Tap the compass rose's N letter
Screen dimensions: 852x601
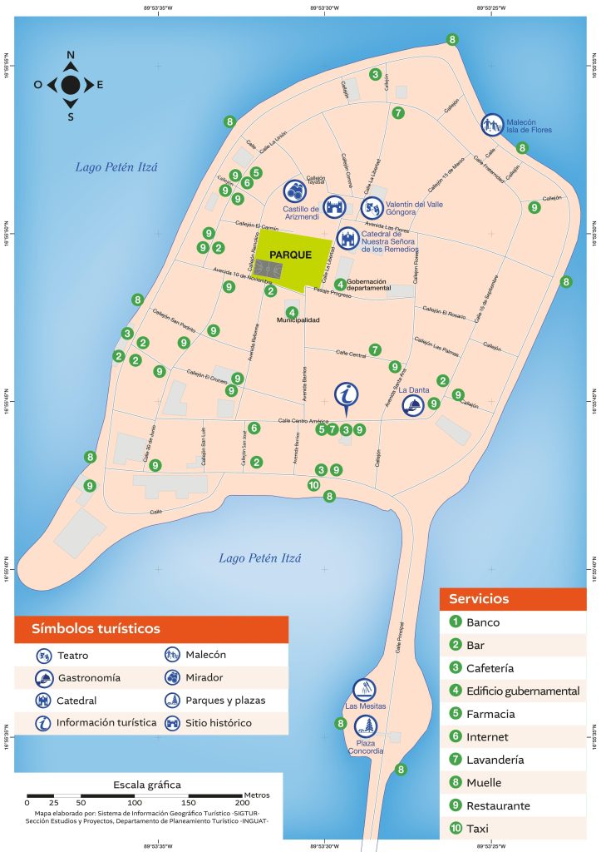(71, 56)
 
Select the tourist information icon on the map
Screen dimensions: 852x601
(347, 395)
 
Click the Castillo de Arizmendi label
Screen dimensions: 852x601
(301, 213)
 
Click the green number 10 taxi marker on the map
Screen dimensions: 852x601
(313, 485)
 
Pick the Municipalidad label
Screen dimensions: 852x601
(298, 320)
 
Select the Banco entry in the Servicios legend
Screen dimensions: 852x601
(483, 622)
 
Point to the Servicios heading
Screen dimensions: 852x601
(479, 598)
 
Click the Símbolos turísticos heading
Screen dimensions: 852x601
(96, 628)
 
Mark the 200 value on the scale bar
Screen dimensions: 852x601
(241, 803)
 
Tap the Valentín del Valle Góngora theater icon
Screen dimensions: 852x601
(372, 206)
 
